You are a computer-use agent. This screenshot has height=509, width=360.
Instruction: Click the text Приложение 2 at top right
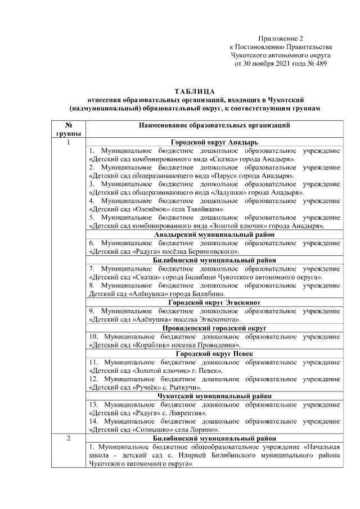point(281,38)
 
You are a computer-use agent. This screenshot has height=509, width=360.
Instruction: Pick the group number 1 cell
point(67,142)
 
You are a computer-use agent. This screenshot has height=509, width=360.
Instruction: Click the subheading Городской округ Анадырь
point(214,143)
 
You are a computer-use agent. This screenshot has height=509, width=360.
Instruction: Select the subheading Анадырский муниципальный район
point(214,235)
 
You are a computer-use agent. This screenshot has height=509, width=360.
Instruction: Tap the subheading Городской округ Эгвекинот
point(214,302)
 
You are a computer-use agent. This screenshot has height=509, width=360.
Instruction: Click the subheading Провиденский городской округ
point(214,327)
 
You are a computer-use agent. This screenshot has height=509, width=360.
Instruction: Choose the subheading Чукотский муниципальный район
point(214,396)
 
